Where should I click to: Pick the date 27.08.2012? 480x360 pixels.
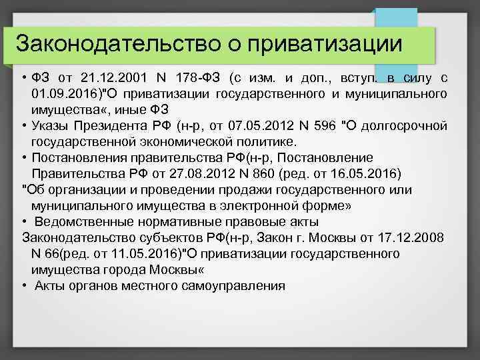229,175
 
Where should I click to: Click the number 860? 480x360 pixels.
297,175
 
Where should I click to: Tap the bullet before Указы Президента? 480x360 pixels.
23,127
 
